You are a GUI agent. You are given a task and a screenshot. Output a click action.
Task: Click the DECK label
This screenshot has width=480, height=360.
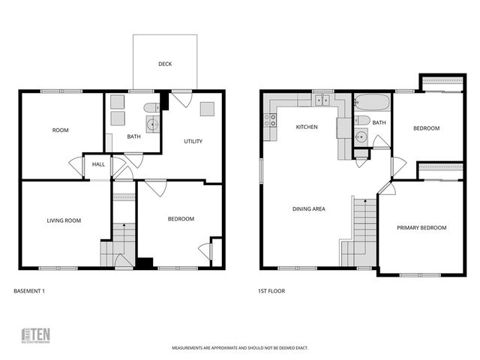click(x=165, y=64)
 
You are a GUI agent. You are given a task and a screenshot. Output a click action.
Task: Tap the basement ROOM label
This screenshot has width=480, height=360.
click(x=60, y=130)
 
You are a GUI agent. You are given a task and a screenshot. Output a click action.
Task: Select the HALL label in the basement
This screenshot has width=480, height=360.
click(x=98, y=165)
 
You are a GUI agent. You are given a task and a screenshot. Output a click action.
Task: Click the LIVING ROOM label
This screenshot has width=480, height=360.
click(x=64, y=220)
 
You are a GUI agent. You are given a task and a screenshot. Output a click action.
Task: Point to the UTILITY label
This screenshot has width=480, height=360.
click(x=193, y=141)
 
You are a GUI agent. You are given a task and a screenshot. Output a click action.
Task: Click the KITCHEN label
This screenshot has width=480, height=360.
click(x=307, y=127)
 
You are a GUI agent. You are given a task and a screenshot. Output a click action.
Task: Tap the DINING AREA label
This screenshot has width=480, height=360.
click(x=308, y=209)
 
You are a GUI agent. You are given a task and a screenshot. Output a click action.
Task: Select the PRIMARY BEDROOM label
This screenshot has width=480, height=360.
click(x=421, y=228)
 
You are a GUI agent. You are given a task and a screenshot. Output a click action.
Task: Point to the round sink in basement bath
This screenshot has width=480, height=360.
click(x=153, y=124)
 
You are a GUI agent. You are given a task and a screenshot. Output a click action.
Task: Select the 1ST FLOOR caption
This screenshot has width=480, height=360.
click(x=271, y=291)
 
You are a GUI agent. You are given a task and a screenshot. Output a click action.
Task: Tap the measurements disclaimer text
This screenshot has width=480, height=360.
click(x=240, y=348)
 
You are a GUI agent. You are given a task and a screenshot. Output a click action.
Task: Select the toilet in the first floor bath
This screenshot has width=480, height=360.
click(x=361, y=120)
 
